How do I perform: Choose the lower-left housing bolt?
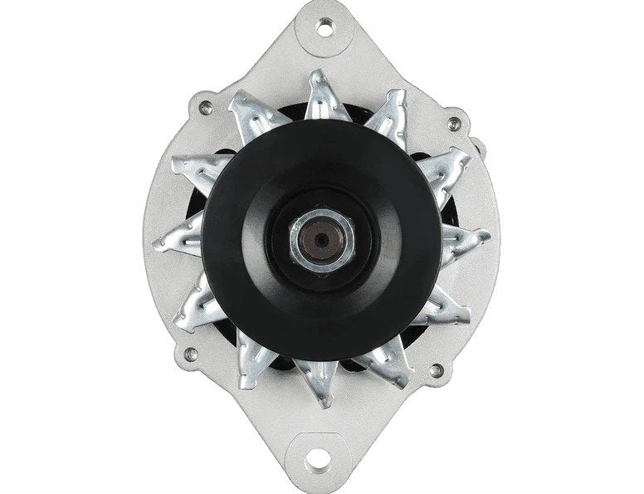(193, 355)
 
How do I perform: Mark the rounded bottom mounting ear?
(321, 469)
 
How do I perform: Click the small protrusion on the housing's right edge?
(479, 146)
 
